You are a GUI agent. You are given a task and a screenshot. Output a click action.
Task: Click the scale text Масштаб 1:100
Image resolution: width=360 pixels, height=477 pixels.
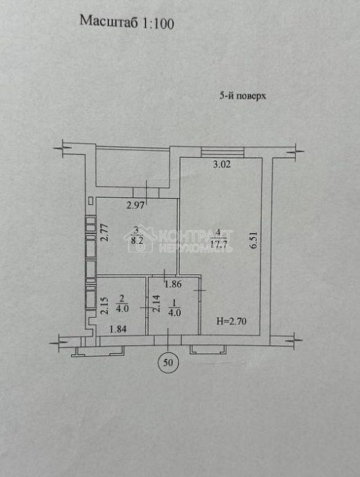click(127, 22)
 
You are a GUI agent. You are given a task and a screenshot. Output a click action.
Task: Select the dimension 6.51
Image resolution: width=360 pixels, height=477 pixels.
click(253, 242)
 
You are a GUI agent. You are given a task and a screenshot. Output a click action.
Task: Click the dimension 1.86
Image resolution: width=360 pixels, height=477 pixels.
click(173, 285)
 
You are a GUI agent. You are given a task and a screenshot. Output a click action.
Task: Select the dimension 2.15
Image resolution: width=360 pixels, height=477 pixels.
click(103, 306)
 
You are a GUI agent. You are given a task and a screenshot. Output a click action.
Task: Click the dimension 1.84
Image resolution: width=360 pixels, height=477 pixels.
click(117, 328)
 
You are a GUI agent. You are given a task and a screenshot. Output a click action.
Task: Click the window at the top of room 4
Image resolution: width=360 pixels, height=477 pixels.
click(223, 151)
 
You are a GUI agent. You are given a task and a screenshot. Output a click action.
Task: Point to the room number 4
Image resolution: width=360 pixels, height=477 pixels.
click(220, 233)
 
